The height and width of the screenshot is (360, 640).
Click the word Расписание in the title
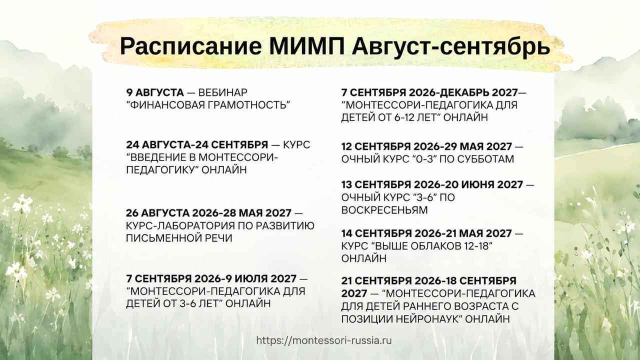click(191, 46)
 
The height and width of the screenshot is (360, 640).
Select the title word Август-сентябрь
click(451, 46)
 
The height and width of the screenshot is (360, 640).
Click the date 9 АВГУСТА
click(155, 92)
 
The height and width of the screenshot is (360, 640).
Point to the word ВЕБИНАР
click(223, 92)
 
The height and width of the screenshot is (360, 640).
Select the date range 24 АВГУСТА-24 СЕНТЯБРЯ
click(197, 144)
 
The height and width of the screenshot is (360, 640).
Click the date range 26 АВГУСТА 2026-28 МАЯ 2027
click(208, 213)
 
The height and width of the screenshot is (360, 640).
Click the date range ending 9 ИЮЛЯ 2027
click(211, 278)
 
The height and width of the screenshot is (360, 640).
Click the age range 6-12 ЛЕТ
click(412, 117)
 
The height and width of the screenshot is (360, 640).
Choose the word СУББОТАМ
click(485, 159)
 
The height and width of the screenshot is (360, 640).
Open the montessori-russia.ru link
click(324, 340)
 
